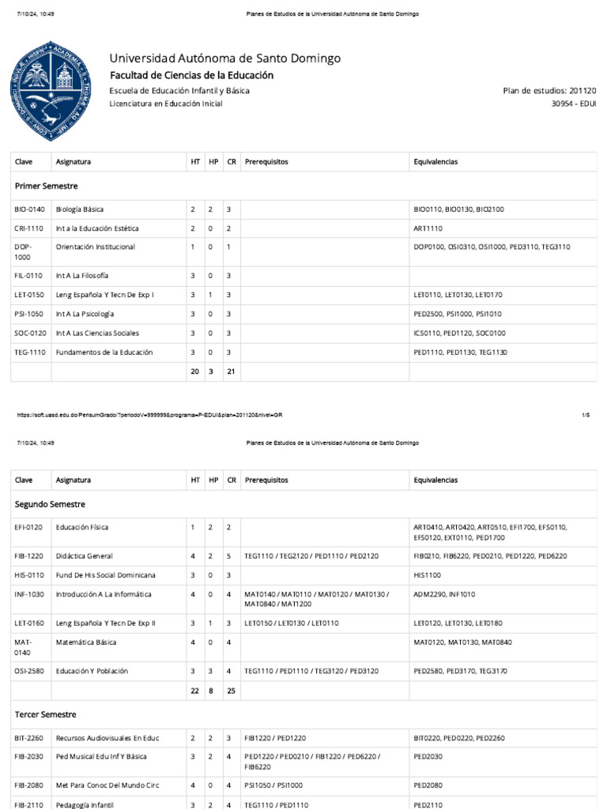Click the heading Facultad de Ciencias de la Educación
[191, 75]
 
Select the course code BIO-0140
[31, 209]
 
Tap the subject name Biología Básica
[80, 209]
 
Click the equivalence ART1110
[428, 228]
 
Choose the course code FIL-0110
[29, 276]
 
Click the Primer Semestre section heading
[46, 186]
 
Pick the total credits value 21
[231, 371]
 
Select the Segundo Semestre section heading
[50, 503]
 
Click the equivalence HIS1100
[427, 575]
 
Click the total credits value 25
[231, 690]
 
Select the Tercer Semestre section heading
[46, 714]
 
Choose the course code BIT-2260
[31, 738]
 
